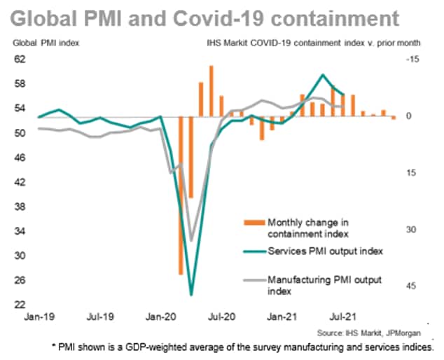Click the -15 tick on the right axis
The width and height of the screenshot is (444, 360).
[411, 60]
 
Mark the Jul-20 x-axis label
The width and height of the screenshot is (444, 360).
[221, 318]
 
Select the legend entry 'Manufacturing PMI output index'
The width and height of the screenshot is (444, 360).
[325, 285]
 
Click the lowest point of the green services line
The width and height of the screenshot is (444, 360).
[191, 295]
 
